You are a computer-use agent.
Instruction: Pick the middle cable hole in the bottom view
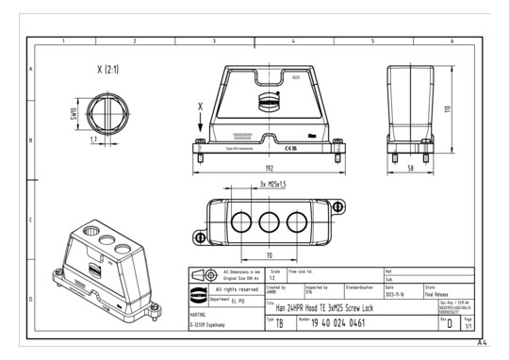269,223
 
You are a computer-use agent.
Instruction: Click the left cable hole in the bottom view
238,223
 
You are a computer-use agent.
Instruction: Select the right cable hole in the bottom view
298,223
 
